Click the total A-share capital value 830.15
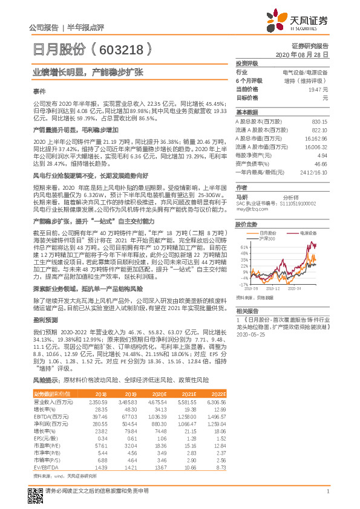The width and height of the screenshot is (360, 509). (x=319, y=122)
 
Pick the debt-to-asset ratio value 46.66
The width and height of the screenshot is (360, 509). (x=320, y=164)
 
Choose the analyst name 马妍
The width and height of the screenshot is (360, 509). (x=242, y=197)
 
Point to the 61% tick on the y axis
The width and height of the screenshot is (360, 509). (x=243, y=248)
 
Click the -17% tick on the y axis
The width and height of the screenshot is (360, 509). (x=243, y=284)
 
